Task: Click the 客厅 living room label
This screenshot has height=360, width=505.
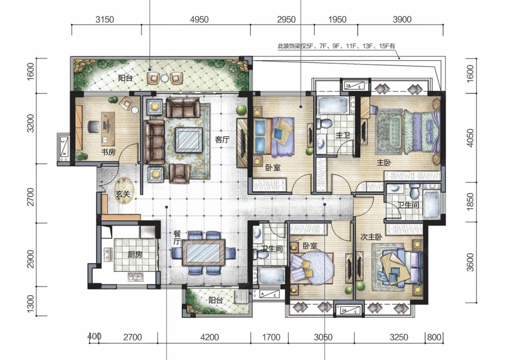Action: coord(222,139)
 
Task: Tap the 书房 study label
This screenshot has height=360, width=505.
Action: coord(108,152)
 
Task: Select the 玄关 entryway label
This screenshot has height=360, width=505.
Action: coord(123,194)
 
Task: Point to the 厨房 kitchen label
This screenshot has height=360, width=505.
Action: coord(135,254)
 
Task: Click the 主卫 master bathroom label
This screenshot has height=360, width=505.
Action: coord(343,135)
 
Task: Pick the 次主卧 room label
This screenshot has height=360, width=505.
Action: coord(371,237)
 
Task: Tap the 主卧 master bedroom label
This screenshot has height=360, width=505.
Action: coord(384,162)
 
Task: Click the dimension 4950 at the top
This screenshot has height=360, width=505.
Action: coord(199,20)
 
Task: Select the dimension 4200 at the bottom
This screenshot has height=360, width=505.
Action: coord(209,338)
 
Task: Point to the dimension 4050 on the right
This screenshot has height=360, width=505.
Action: coord(470,138)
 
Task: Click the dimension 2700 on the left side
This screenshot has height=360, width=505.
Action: coord(30,197)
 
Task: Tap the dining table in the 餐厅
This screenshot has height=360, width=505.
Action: coord(204,252)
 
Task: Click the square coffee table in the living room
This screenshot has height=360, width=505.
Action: coord(189,140)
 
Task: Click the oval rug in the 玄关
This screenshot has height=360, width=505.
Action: coord(123,191)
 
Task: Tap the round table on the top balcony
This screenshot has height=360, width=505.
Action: coord(164,78)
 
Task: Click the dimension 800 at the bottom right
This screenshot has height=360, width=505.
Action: coord(434,338)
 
